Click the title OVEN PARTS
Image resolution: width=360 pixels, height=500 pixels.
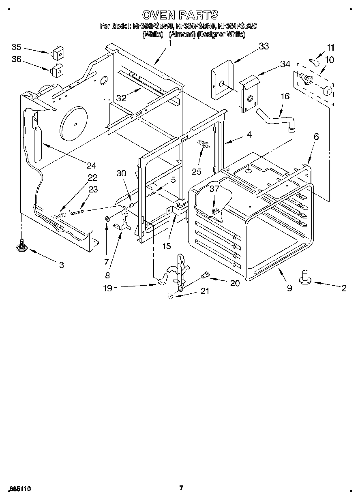pos(180,15)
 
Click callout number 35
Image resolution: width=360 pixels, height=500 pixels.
pos(16,47)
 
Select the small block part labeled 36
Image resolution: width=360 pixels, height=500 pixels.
pos(57,70)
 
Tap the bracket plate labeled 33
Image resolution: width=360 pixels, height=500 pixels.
pos(221,79)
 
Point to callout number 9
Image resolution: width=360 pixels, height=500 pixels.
pos(289,288)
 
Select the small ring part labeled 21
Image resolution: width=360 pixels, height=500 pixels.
pos(170,296)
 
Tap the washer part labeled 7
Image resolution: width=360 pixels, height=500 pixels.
pos(107,219)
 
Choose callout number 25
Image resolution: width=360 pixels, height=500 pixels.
pos(197,171)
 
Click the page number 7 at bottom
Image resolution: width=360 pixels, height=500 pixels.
pos(181,488)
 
